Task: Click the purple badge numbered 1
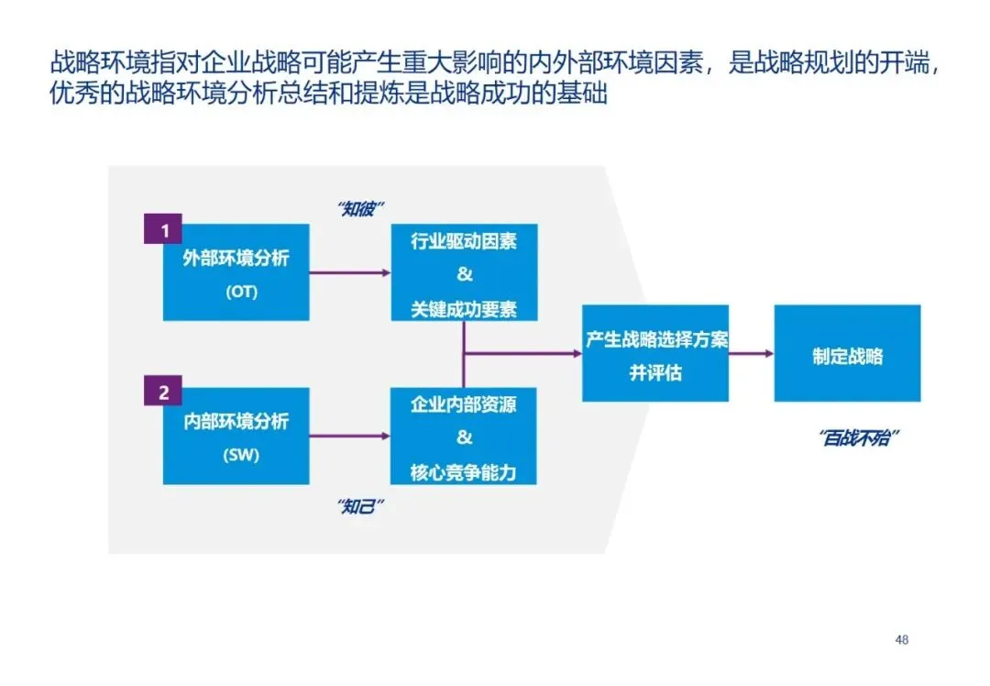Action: [164, 230]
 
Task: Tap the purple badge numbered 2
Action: [164, 393]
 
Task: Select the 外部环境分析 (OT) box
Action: [236, 274]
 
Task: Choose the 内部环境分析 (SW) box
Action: [236, 437]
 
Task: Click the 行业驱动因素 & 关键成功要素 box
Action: [464, 274]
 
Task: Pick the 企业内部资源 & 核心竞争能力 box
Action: [464, 437]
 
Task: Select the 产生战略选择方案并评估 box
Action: [655, 354]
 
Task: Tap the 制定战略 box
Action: [847, 354]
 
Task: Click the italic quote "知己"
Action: [360, 507]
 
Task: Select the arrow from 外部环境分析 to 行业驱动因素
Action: [349, 272]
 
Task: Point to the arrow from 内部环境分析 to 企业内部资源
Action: [349, 436]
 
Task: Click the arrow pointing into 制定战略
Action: [752, 354]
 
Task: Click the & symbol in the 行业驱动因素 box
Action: [464, 274]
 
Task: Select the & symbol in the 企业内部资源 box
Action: [464, 437]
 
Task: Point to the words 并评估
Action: [655, 373]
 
